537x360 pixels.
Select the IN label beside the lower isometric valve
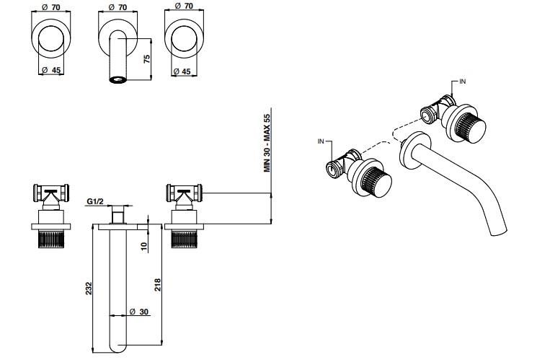[x=321, y=141]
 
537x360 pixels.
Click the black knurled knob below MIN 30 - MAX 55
[x=185, y=238]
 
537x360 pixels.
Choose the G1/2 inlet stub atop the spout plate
[x=117, y=215]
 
